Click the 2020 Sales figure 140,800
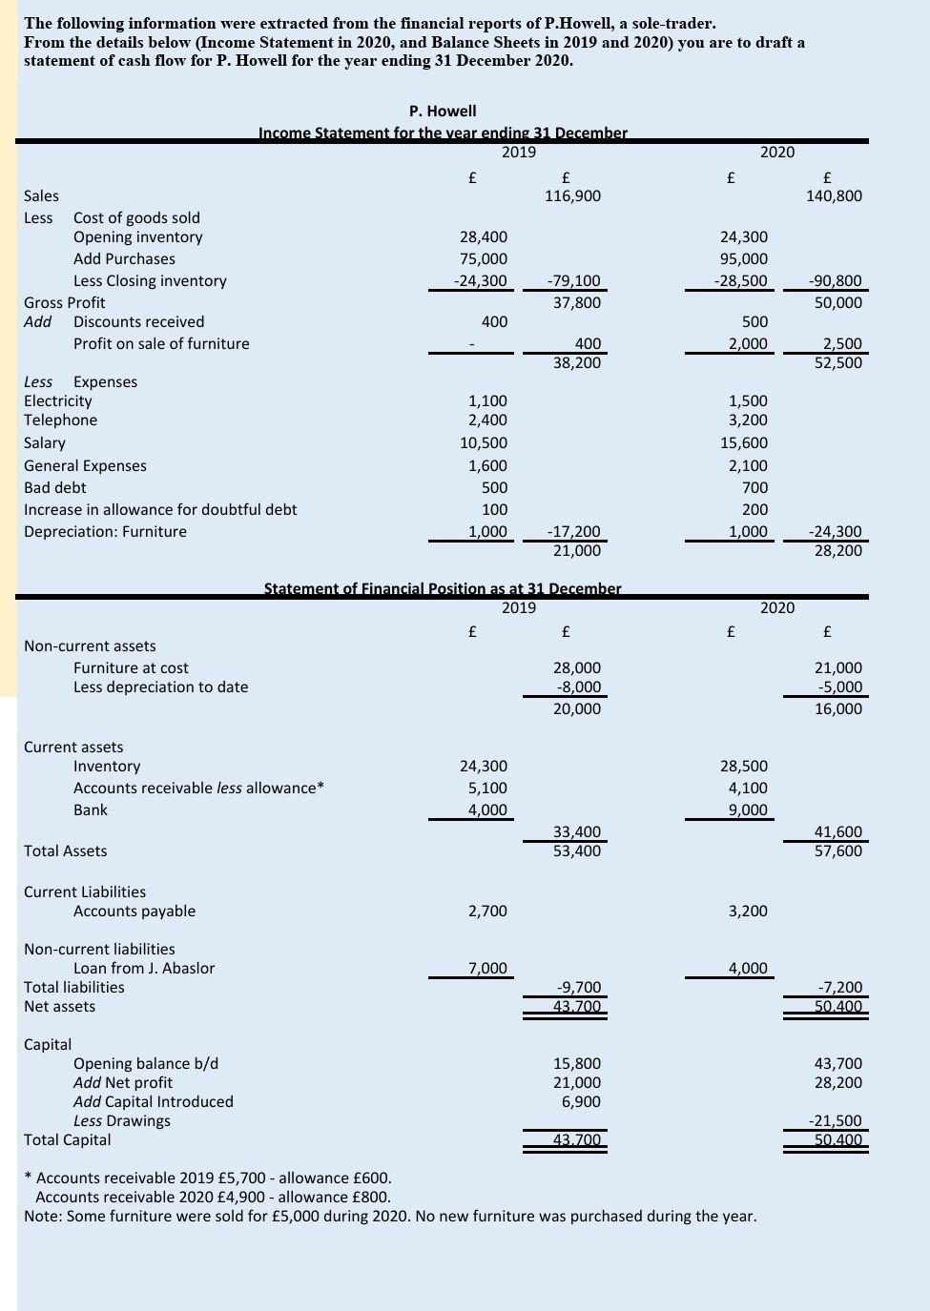834,196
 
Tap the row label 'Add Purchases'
124,259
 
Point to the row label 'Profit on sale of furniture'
161,344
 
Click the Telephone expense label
60,420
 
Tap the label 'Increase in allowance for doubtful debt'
160,510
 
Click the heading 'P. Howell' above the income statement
443,112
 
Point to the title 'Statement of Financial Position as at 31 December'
442,588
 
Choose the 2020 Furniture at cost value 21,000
838,668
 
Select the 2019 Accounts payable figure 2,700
487,912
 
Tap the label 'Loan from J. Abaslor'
144,969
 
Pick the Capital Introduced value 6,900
581,1102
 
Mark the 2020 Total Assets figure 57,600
838,851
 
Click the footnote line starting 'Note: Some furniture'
390,1217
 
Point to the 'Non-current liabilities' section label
99,950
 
